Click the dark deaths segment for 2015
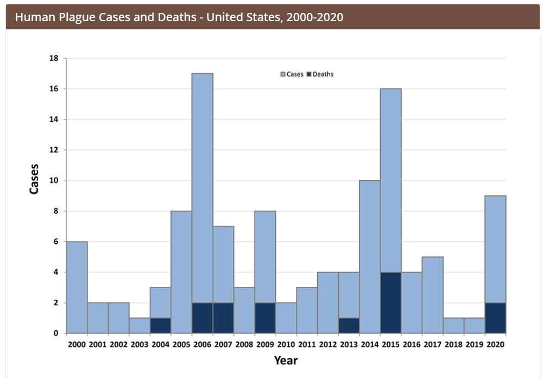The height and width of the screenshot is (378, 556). coord(390,303)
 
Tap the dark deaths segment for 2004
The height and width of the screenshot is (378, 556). coord(160,325)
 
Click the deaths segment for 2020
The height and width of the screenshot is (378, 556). coord(495,318)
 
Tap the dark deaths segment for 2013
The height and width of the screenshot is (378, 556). coord(349,325)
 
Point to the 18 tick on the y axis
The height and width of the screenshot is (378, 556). coord(54,58)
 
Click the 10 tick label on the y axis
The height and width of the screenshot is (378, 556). coord(54,180)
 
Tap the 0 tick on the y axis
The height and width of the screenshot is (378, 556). coord(56,333)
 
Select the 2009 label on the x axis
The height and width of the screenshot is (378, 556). coord(265,344)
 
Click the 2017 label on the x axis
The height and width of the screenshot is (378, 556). coord(432,344)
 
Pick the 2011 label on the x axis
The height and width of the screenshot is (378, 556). coord(307,344)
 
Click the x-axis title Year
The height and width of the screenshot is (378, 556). coord(286,360)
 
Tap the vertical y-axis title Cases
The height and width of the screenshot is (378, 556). coord(34,179)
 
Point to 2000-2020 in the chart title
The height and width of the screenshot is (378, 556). coord(315,17)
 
